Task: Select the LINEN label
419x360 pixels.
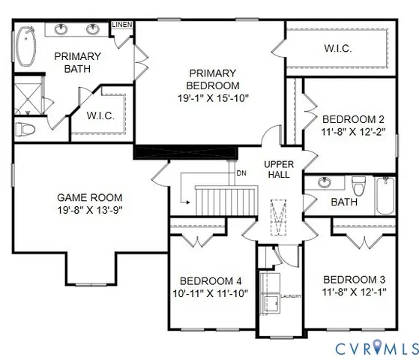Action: [x=122, y=25]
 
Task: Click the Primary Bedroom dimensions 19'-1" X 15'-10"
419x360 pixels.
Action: [x=213, y=97]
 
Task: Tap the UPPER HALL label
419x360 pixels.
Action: [x=278, y=169]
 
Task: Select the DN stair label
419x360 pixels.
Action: [x=241, y=173]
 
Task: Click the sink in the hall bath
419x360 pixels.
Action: [x=325, y=182]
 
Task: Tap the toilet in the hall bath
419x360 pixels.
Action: [x=358, y=183]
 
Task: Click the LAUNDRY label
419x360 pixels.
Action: [x=292, y=296]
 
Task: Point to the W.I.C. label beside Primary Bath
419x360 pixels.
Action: [x=100, y=115]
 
